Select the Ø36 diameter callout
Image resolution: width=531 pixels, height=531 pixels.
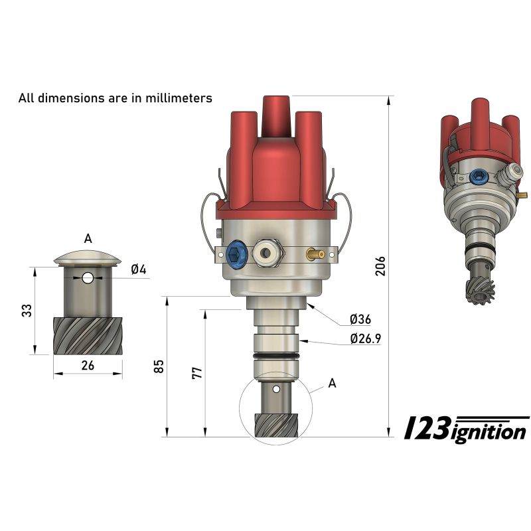(x=360, y=319)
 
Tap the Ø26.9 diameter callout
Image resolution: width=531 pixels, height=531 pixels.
(x=365, y=340)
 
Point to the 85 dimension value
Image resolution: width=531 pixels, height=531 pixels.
(x=158, y=366)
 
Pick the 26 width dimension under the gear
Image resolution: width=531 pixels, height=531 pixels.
(x=88, y=365)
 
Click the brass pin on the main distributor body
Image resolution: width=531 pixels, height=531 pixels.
(x=315, y=254)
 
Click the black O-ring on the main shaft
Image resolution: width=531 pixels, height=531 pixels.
(x=275, y=358)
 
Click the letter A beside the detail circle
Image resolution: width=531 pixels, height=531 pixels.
(x=333, y=383)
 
